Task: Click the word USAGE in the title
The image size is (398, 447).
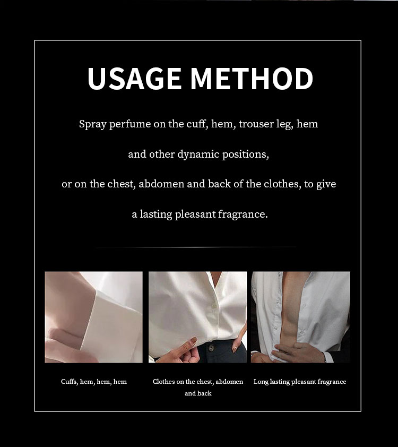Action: (x=134, y=79)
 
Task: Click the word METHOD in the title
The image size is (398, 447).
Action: (x=252, y=79)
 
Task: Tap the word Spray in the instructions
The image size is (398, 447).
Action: (x=93, y=125)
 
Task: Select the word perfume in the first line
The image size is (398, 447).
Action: (x=130, y=125)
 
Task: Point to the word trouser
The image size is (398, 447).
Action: (x=256, y=125)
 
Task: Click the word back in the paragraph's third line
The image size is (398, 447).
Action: (x=219, y=184)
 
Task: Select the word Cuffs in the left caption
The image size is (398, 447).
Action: (x=69, y=382)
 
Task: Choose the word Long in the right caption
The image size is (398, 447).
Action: (x=261, y=382)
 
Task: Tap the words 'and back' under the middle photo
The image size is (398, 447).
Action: (x=198, y=393)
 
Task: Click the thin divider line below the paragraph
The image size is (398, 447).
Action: (x=196, y=247)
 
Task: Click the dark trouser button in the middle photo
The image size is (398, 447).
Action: (x=210, y=348)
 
